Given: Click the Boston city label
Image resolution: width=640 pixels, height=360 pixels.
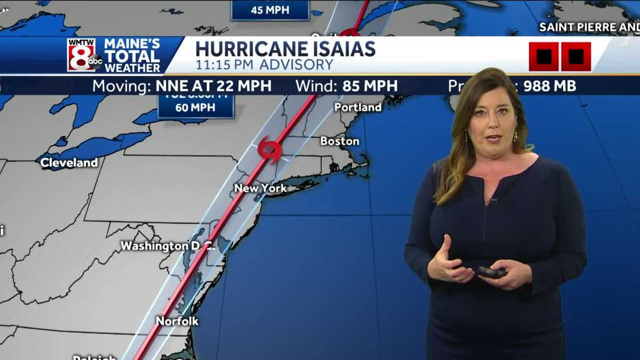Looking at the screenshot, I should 340,141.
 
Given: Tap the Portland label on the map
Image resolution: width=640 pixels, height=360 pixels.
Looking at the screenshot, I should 358,107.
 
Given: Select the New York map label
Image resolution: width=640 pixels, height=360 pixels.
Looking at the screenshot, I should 260,188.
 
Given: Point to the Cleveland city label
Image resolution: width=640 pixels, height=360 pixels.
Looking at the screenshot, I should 69,163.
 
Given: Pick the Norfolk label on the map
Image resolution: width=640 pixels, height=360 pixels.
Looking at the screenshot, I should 177,321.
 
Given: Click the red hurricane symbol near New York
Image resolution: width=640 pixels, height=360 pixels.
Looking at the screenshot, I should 269,149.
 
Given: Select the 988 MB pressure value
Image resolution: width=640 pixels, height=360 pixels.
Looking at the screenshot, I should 549,86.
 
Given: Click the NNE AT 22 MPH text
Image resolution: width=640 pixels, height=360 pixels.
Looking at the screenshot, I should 213,86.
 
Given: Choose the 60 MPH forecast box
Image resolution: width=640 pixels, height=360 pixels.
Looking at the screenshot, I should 196,105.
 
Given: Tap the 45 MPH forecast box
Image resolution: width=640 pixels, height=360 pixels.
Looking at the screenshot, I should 270,10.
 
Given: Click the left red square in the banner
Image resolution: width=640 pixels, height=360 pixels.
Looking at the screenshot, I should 543,57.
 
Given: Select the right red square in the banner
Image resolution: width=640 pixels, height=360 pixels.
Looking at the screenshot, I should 576,57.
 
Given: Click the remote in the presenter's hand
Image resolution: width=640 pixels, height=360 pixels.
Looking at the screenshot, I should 492,272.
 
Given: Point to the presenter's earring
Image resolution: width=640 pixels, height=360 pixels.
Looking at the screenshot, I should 515,137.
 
